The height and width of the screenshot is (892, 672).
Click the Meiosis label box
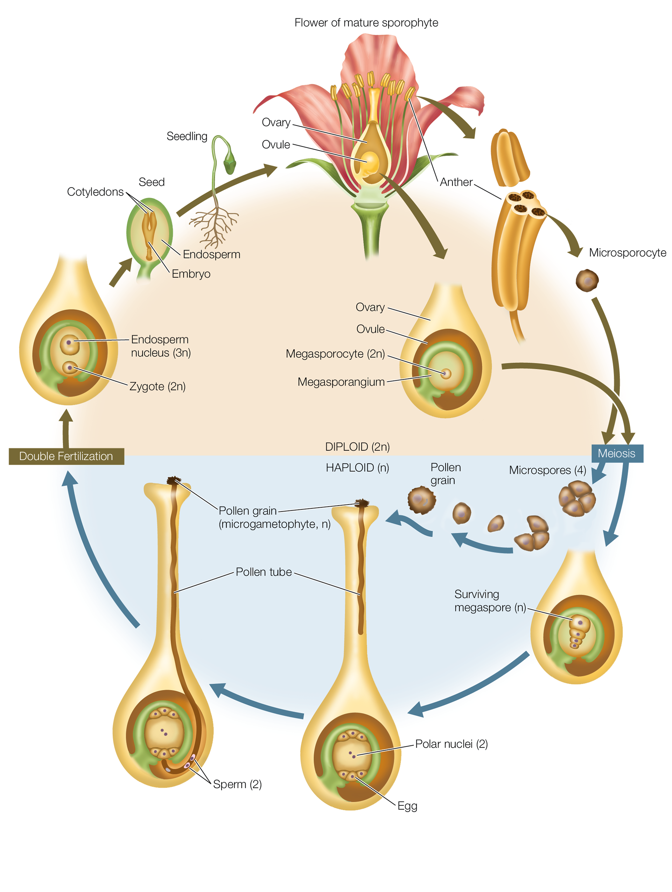pyautogui.click(x=616, y=453)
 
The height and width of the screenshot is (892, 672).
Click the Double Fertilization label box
pyautogui.click(x=66, y=456)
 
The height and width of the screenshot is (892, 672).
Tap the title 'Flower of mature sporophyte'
pyautogui.click(x=366, y=23)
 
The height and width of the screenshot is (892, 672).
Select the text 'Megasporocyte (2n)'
pyautogui.click(x=335, y=354)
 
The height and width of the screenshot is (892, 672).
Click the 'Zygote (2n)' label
pyautogui.click(x=157, y=386)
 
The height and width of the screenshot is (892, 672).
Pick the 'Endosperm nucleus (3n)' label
pyautogui.click(x=161, y=346)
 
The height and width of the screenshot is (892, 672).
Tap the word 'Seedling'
pyautogui.click(x=187, y=136)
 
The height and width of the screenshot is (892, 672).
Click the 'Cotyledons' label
pyautogui.click(x=95, y=192)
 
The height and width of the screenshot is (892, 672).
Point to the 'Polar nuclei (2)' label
pyautogui.click(x=451, y=744)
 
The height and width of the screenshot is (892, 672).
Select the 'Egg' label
pyautogui.click(x=407, y=806)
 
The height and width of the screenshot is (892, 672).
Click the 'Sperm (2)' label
pyautogui.click(x=237, y=784)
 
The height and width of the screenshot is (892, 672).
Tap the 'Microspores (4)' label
pyautogui.click(x=547, y=470)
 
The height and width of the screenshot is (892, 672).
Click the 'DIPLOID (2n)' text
pyautogui.click(x=357, y=447)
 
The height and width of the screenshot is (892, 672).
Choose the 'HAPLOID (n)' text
pyautogui.click(x=357, y=468)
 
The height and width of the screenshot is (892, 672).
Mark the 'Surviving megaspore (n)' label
pyautogui.click(x=490, y=601)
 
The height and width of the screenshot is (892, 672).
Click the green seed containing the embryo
pyautogui.click(x=150, y=234)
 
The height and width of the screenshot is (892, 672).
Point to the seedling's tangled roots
pyautogui.click(x=214, y=228)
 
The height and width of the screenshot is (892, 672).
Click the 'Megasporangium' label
pyautogui.click(x=341, y=382)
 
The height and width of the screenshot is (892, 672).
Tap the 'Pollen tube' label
pyautogui.click(x=264, y=572)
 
